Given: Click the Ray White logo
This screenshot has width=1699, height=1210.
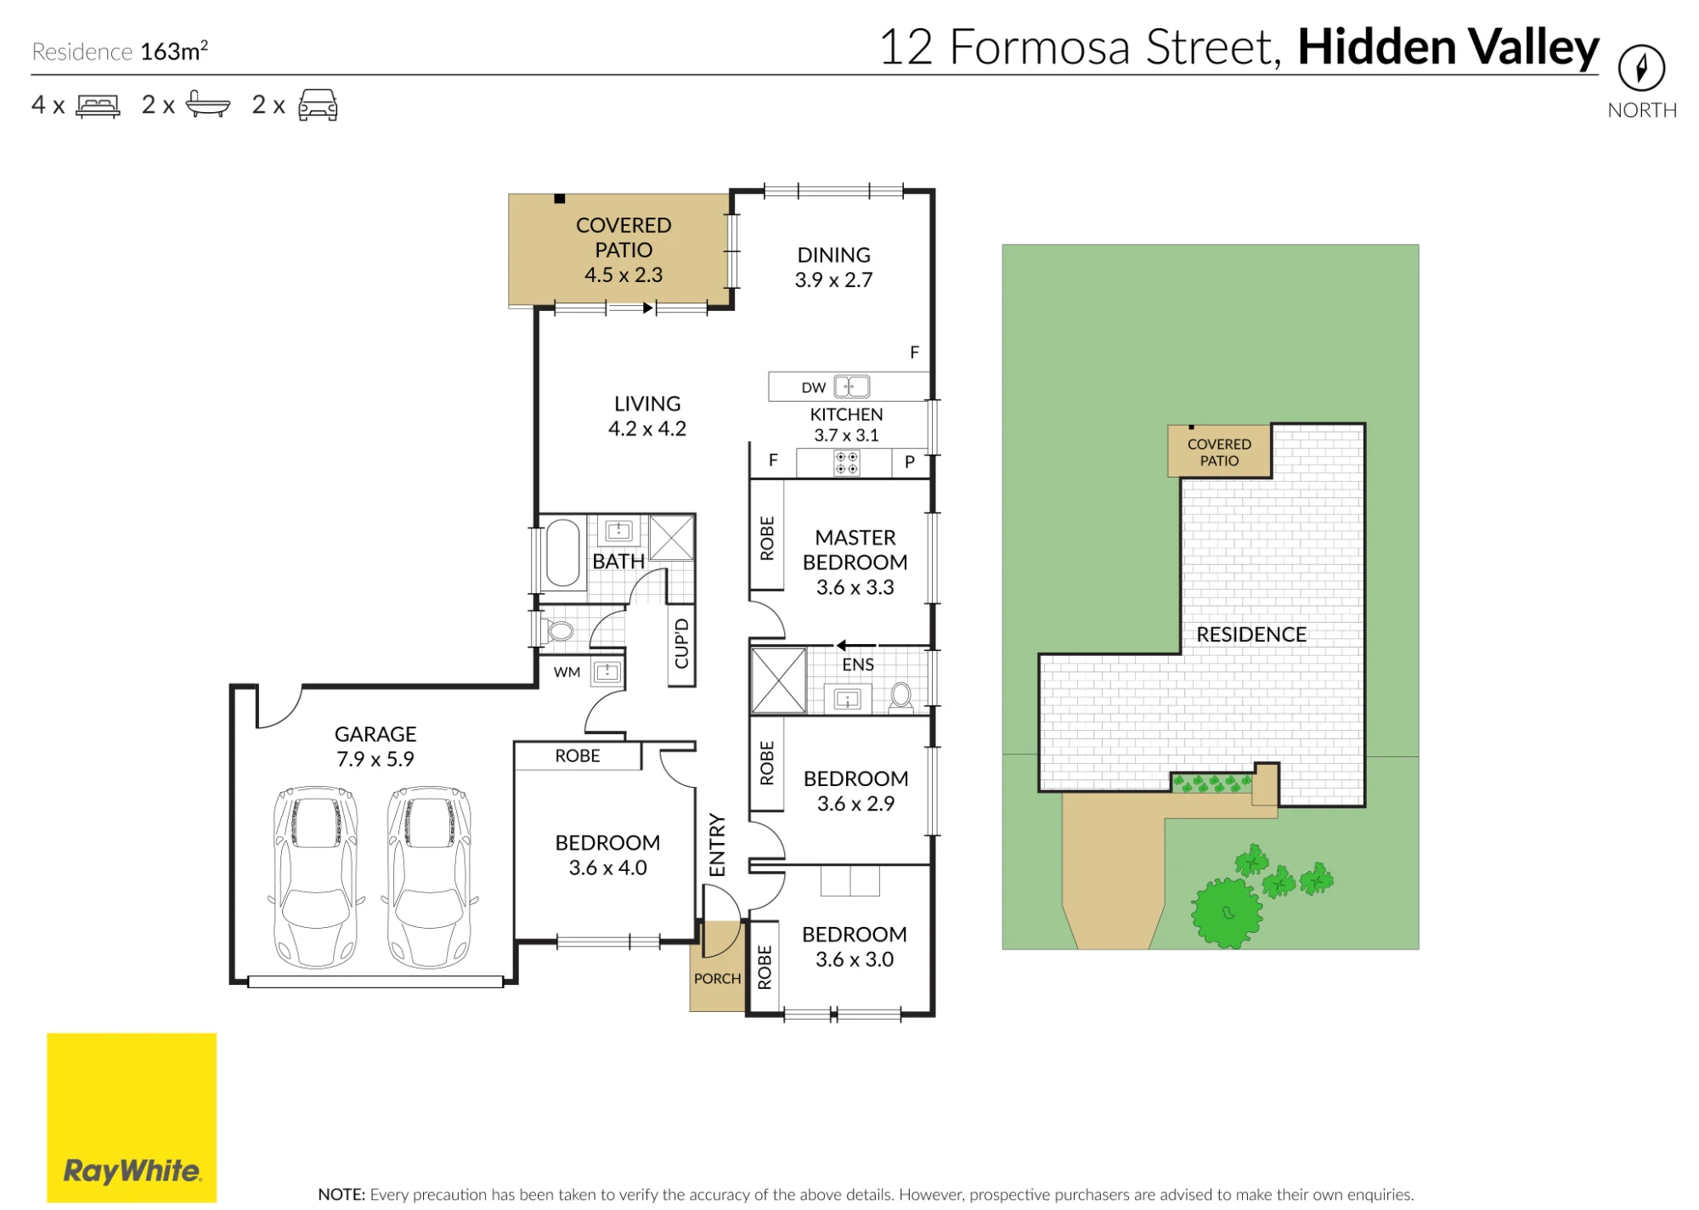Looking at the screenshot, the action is click(x=132, y=1117).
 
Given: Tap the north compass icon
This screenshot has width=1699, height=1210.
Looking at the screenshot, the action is click(x=1641, y=68).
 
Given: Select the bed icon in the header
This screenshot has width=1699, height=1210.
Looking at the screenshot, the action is click(x=99, y=105).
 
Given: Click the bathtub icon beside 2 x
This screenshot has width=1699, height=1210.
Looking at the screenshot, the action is click(x=207, y=105).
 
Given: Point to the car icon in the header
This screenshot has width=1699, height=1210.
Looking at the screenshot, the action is click(x=318, y=105).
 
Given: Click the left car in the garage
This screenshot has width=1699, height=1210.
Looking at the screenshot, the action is click(x=315, y=876).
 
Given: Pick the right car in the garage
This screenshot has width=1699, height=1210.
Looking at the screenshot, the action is click(x=429, y=876).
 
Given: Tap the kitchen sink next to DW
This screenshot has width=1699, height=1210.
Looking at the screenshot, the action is click(x=852, y=387).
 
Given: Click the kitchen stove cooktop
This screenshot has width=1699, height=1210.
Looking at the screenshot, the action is click(x=846, y=463).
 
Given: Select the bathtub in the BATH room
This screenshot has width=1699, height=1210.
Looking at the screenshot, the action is click(x=562, y=552).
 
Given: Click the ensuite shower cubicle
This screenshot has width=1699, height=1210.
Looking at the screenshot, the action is click(x=778, y=681).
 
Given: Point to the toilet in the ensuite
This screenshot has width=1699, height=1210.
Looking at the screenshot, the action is click(x=900, y=696).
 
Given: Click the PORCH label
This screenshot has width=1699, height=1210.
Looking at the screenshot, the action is click(x=718, y=978).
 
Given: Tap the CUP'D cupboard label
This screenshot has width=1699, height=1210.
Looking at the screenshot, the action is click(x=682, y=644).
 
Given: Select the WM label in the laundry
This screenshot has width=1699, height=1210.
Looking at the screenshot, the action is click(x=567, y=672).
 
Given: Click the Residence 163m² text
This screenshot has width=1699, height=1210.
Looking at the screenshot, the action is click(x=120, y=51).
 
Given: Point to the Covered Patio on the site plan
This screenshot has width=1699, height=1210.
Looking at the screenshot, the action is click(x=1219, y=451).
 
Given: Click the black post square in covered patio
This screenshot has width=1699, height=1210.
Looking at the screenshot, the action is click(x=559, y=199).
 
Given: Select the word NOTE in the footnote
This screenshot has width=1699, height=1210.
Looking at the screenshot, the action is click(x=341, y=1195).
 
